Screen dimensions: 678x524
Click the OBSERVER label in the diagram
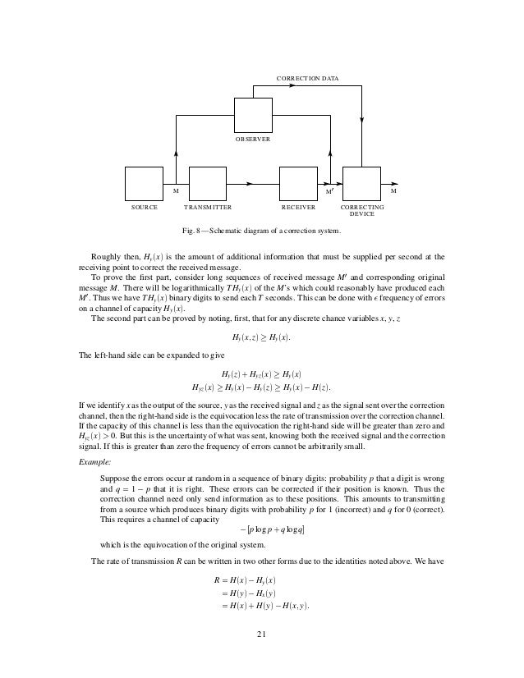point(255,140)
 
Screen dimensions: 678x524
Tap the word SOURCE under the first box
point(145,208)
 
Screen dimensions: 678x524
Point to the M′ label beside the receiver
point(329,191)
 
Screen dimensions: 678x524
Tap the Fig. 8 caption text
point(260,230)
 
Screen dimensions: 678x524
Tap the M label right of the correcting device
point(393,190)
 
